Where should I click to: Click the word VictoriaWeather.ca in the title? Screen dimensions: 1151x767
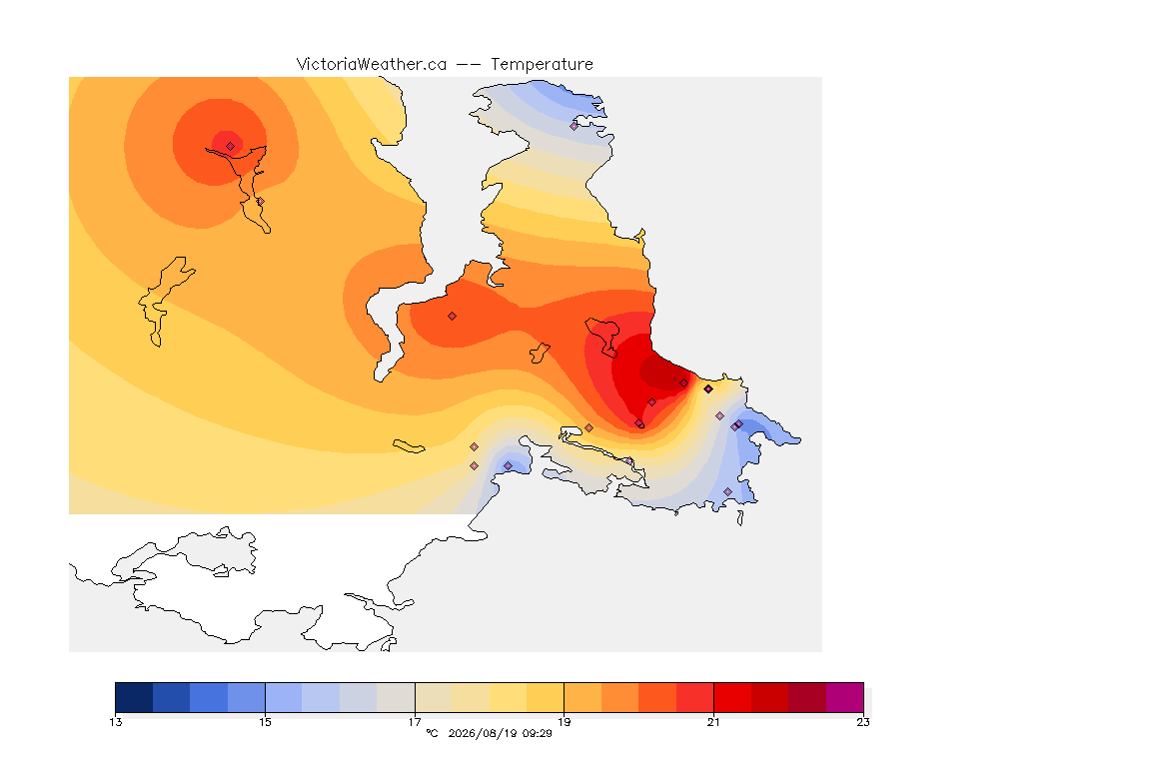(x=372, y=64)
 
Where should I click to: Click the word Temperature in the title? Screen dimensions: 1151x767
(x=542, y=64)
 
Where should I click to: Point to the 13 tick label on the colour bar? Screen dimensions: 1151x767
(x=116, y=722)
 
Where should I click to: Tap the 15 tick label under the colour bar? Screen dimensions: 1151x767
(x=265, y=722)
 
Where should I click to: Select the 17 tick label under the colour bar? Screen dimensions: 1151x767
(x=415, y=722)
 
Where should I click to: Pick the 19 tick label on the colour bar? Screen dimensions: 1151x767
(x=564, y=722)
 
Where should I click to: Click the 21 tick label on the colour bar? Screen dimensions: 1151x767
(x=713, y=722)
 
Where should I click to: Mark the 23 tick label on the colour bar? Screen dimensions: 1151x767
(x=863, y=722)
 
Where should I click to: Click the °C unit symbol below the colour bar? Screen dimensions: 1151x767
(x=433, y=733)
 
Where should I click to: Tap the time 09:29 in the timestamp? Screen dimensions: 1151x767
(x=537, y=733)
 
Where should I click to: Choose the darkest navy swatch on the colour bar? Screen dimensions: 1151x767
(x=134, y=697)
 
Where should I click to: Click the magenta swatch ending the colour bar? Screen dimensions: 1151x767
(x=845, y=697)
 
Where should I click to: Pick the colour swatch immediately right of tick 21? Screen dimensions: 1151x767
(x=732, y=697)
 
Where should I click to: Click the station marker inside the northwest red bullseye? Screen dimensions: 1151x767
(x=231, y=146)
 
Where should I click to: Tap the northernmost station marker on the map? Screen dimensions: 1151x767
(x=575, y=126)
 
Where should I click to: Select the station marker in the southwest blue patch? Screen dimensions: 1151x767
(x=508, y=466)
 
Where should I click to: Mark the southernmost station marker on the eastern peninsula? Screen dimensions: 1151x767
(x=727, y=491)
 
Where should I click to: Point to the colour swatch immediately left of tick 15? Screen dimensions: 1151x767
(x=247, y=697)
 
